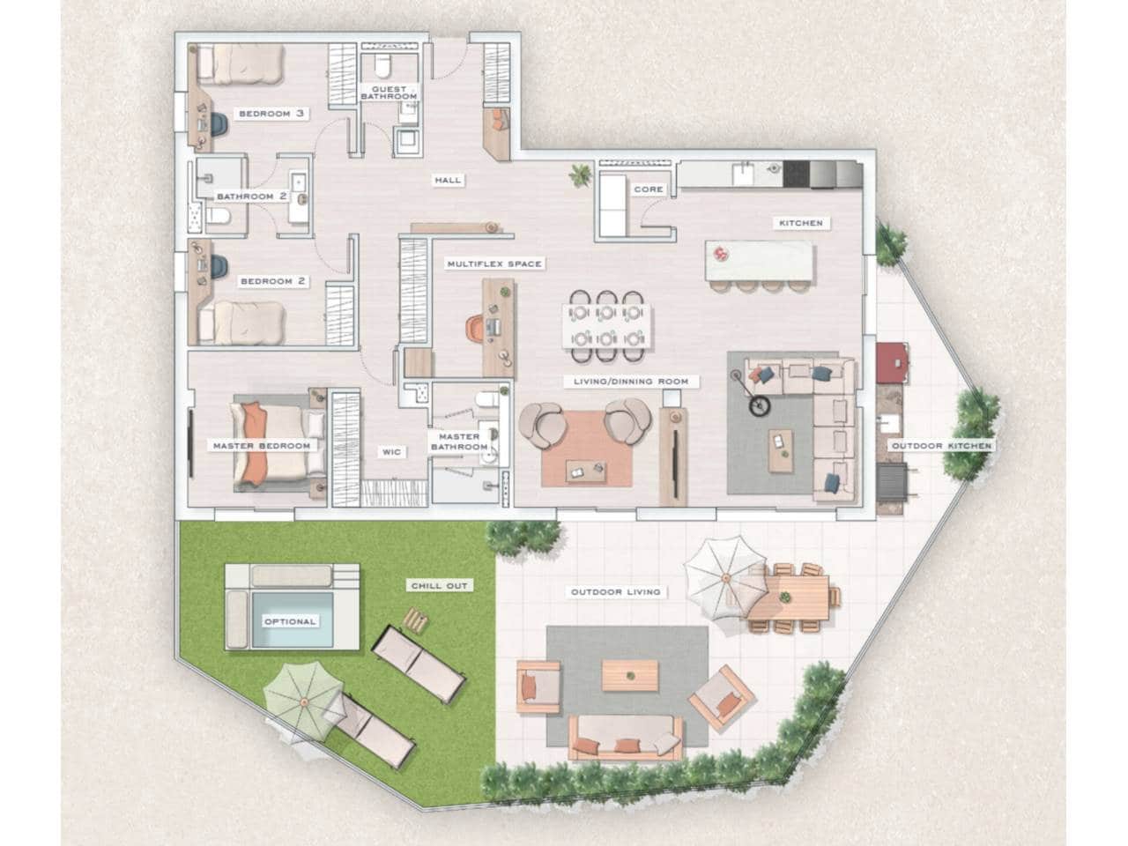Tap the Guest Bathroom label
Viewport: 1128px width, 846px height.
point(388,93)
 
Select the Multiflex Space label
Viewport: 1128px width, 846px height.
point(493,263)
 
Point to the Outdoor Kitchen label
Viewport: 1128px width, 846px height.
point(940,446)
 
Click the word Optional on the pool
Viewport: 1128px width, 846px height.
point(290,621)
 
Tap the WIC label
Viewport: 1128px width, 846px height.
point(391,452)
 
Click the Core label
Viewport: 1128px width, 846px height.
point(649,189)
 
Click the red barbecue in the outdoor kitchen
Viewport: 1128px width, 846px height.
point(894,359)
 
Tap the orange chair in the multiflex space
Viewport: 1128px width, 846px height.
point(474,329)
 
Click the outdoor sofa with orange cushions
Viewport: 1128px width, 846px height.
point(627,737)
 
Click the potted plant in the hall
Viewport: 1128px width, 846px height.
point(578,177)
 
